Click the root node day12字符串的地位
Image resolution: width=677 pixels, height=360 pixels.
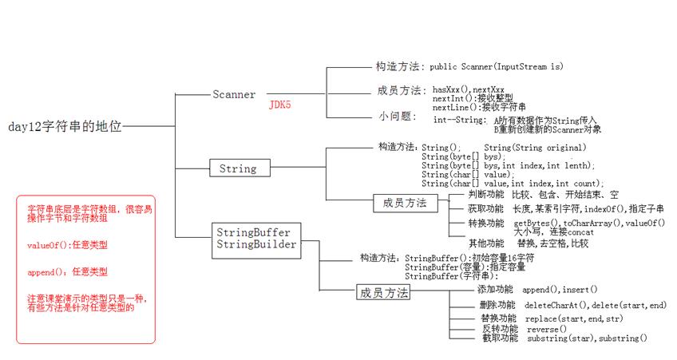[65, 126]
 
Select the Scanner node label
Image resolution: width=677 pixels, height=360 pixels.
[234, 94]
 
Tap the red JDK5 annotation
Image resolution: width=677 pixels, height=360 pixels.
[279, 105]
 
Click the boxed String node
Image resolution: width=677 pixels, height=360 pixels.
[237, 168]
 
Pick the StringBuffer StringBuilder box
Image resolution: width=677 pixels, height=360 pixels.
[254, 238]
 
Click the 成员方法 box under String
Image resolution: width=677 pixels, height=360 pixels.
[405, 204]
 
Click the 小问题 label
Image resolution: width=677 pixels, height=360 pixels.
[397, 117]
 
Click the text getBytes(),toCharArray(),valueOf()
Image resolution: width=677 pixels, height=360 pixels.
[589, 223]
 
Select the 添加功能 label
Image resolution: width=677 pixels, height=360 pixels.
[495, 289]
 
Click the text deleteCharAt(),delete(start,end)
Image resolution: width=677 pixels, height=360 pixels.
[595, 306]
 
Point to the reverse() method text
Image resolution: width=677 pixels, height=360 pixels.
[547, 329]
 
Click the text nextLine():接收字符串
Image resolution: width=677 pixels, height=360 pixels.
[479, 106]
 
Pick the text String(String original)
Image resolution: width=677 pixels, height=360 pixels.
[535, 148]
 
